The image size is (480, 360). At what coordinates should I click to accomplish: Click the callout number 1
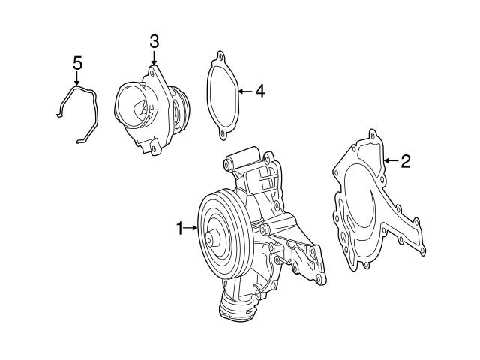179,228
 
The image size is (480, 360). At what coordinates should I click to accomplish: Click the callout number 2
405,160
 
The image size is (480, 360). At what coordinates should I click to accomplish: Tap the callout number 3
154,42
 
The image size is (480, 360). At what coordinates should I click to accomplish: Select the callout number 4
259,91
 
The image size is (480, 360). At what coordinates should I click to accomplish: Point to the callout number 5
77,62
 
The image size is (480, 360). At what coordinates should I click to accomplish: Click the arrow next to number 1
191,228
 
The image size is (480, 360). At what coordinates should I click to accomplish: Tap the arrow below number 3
154,58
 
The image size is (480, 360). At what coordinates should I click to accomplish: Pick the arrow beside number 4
244,91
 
